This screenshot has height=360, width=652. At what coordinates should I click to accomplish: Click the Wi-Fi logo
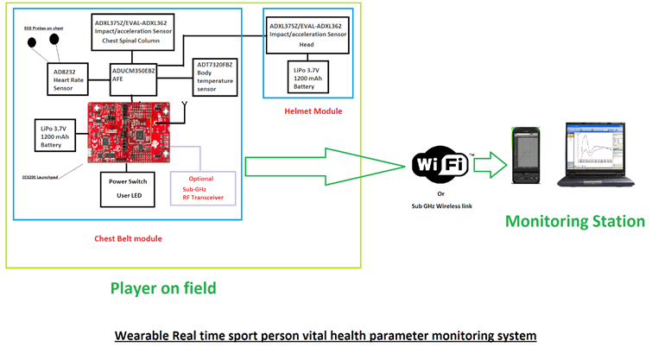443,164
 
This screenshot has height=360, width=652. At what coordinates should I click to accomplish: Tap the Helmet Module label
313,111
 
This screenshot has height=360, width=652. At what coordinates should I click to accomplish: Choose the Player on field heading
161,287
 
